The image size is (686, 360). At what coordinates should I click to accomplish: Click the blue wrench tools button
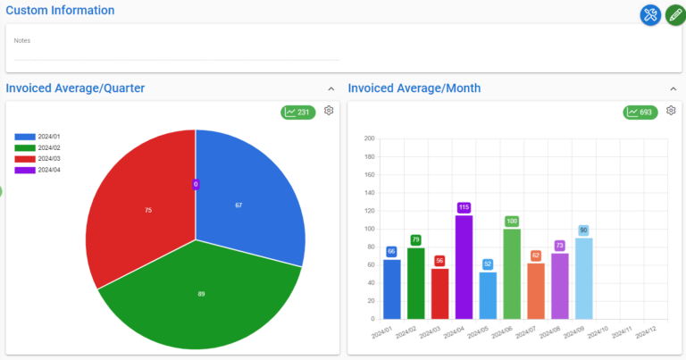pyautogui.click(x=650, y=14)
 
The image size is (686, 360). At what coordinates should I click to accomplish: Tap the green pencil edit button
pyautogui.click(x=675, y=14)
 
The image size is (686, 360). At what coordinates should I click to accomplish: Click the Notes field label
pyautogui.click(x=22, y=40)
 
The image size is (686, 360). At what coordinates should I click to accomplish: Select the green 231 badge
pyautogui.click(x=297, y=112)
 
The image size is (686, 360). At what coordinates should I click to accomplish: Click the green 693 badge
pyautogui.click(x=640, y=112)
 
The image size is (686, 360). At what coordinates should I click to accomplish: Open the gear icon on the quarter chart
pyautogui.click(x=329, y=111)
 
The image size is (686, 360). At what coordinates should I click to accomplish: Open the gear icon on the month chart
pyautogui.click(x=671, y=111)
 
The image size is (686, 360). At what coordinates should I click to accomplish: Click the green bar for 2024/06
pyautogui.click(x=512, y=273)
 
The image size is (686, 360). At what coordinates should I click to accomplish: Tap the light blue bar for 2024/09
pyautogui.click(x=584, y=278)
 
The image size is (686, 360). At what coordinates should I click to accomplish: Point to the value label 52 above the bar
pyautogui.click(x=488, y=264)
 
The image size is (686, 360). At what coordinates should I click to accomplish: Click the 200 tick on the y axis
pyautogui.click(x=369, y=139)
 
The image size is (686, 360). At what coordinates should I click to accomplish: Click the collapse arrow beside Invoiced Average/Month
pyautogui.click(x=673, y=88)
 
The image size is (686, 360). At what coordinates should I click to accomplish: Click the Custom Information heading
pyautogui.click(x=60, y=11)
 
